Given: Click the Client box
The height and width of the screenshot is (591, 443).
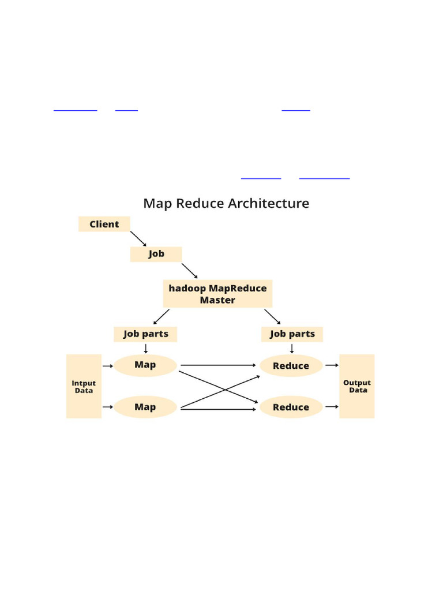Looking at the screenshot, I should (104, 224).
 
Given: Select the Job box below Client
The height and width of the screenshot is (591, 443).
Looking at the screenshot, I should (156, 254).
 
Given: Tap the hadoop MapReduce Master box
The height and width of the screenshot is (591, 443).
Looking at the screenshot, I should (217, 294).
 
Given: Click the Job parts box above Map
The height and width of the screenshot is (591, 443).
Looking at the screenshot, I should (145, 334).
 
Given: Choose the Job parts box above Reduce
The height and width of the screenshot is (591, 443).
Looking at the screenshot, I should (292, 334).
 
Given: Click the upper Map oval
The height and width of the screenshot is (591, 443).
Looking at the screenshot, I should (145, 365).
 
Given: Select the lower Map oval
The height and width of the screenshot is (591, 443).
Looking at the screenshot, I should (145, 407).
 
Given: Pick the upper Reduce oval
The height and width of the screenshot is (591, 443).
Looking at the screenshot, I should (291, 365).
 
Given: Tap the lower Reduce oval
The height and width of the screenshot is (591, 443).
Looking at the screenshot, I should (291, 407).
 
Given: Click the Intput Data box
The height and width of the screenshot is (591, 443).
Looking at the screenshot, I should (84, 386).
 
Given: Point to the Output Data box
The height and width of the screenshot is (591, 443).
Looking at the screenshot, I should (356, 386).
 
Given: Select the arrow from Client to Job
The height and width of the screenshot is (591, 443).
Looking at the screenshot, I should (138, 239).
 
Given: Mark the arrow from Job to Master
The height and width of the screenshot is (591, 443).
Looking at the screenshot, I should (190, 271).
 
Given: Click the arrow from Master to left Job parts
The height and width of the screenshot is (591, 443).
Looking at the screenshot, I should (161, 317).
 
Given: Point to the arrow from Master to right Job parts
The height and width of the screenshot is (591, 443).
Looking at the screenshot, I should (273, 317).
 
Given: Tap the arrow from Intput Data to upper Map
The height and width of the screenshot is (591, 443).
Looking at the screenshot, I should (107, 365).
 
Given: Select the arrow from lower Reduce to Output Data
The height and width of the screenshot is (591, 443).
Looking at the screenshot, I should (332, 407).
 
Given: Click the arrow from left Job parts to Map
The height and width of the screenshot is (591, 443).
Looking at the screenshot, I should (145, 348).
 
